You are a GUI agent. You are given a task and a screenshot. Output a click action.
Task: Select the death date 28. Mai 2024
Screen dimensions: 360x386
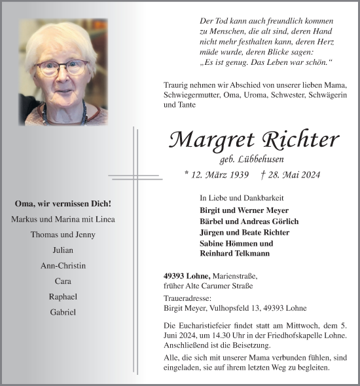coord(291,175)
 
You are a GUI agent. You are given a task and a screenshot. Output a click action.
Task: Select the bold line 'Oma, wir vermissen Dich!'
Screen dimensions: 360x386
coord(63,204)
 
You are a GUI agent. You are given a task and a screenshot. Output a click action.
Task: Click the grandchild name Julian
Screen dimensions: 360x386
coord(63,250)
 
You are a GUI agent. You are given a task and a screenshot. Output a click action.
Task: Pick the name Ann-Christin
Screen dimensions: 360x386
coord(63,265)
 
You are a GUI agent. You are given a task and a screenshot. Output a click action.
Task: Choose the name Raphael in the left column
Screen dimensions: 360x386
coord(63,296)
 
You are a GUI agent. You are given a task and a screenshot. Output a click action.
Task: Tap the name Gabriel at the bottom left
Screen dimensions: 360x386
coord(63,312)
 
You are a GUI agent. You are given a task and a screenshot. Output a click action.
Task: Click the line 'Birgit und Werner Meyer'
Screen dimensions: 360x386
coord(240,210)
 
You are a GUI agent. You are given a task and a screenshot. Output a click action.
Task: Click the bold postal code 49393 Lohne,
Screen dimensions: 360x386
coord(187,276)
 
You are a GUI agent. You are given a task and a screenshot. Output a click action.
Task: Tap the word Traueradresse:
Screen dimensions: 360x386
coord(187,298)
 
